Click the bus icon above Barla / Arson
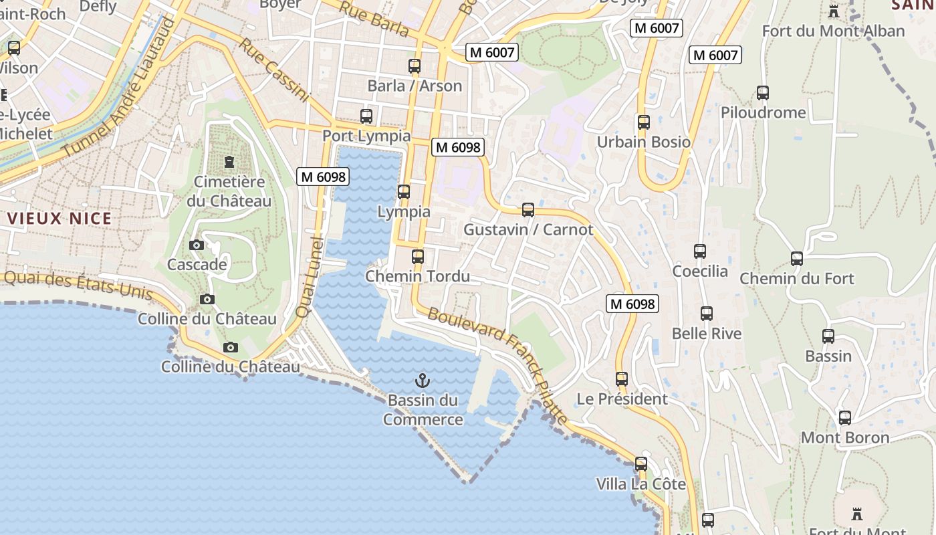click(x=415, y=66)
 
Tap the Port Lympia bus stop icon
click(x=366, y=116)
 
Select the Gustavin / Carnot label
click(x=528, y=229)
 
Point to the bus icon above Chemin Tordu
click(x=418, y=256)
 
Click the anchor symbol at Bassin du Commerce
click(x=422, y=381)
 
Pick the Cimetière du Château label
click(x=229, y=191)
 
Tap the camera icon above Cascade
click(x=197, y=245)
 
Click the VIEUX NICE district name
click(x=60, y=218)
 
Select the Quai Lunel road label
click(x=308, y=277)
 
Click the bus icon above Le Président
click(x=622, y=379)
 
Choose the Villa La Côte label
click(x=640, y=484)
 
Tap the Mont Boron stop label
click(x=845, y=438)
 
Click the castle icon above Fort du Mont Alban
click(x=833, y=11)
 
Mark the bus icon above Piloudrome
click(x=763, y=93)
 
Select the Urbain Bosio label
click(x=643, y=142)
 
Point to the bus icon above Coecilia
click(x=700, y=251)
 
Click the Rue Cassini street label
click(x=275, y=70)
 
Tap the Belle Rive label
click(x=707, y=333)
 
